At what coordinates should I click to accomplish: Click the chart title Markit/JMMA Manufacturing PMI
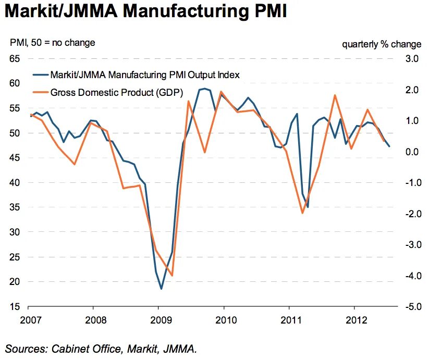click(146, 11)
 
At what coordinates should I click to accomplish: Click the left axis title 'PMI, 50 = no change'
click(53, 43)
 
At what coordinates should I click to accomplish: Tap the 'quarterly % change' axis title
click(382, 43)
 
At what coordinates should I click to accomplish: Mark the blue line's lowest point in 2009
click(161, 289)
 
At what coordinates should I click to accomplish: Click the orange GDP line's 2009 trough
click(172, 276)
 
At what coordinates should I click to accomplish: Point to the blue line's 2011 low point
click(308, 207)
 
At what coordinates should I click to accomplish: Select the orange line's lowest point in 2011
click(302, 213)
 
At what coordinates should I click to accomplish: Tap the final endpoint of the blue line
click(389, 146)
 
